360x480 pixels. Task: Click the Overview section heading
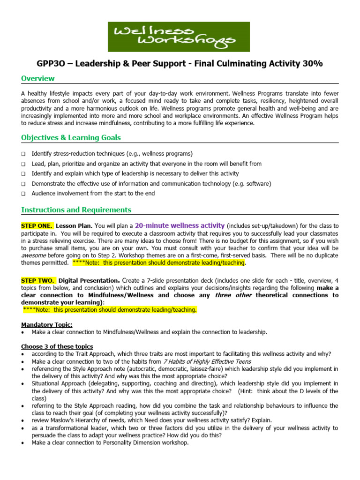tap(38, 79)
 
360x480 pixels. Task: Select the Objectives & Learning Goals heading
tap(71, 137)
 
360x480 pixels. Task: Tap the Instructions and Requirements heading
tap(76, 210)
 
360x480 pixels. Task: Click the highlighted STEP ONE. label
tap(37, 225)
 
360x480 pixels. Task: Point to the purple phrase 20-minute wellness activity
tap(187, 225)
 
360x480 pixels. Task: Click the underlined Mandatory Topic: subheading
tap(47, 324)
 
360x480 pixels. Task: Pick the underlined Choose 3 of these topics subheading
tap(57, 346)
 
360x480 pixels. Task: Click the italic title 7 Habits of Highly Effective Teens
tap(207, 361)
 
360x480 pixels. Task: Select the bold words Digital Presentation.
tap(88, 280)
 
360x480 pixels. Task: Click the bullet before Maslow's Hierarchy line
tap(23, 420)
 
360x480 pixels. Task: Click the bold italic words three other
tap(233, 295)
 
